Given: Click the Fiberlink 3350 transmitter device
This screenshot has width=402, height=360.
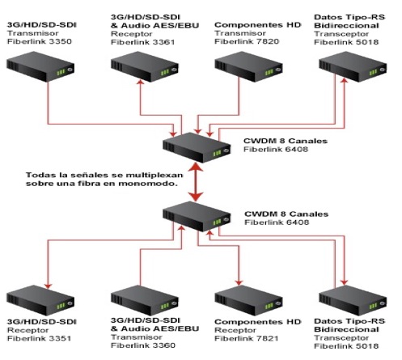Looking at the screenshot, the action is click(x=40, y=66).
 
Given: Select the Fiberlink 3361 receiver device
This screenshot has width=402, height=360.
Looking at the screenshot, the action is click(x=145, y=66).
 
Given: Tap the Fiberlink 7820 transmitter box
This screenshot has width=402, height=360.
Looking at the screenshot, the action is click(x=248, y=66).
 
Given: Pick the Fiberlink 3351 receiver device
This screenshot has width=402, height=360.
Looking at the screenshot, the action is click(x=40, y=300).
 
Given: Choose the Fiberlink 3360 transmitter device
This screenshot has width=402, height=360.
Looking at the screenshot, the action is click(x=145, y=300).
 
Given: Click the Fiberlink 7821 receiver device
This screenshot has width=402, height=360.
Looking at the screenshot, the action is click(x=248, y=300).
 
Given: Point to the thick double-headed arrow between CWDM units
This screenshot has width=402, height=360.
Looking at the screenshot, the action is click(x=196, y=182).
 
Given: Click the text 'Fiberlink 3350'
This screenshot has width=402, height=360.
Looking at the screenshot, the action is click(x=40, y=41).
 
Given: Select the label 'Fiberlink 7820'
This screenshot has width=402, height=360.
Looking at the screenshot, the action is click(x=247, y=41).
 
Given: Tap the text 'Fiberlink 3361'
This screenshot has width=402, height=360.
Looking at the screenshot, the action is click(x=143, y=42).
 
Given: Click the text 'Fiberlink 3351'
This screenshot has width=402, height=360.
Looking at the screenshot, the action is click(x=39, y=338).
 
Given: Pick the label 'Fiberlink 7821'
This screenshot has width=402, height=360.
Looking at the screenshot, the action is click(x=247, y=338).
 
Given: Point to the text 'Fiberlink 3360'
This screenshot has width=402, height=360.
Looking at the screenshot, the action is click(x=143, y=345).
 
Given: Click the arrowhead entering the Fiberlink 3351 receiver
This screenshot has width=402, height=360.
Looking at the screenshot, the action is click(x=48, y=286).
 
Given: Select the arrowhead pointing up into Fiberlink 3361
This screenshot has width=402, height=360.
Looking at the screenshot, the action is click(x=140, y=82).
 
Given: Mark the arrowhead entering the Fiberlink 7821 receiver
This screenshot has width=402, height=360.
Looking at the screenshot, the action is click(x=239, y=282).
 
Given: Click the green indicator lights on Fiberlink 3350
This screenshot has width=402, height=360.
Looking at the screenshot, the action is click(x=61, y=72).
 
